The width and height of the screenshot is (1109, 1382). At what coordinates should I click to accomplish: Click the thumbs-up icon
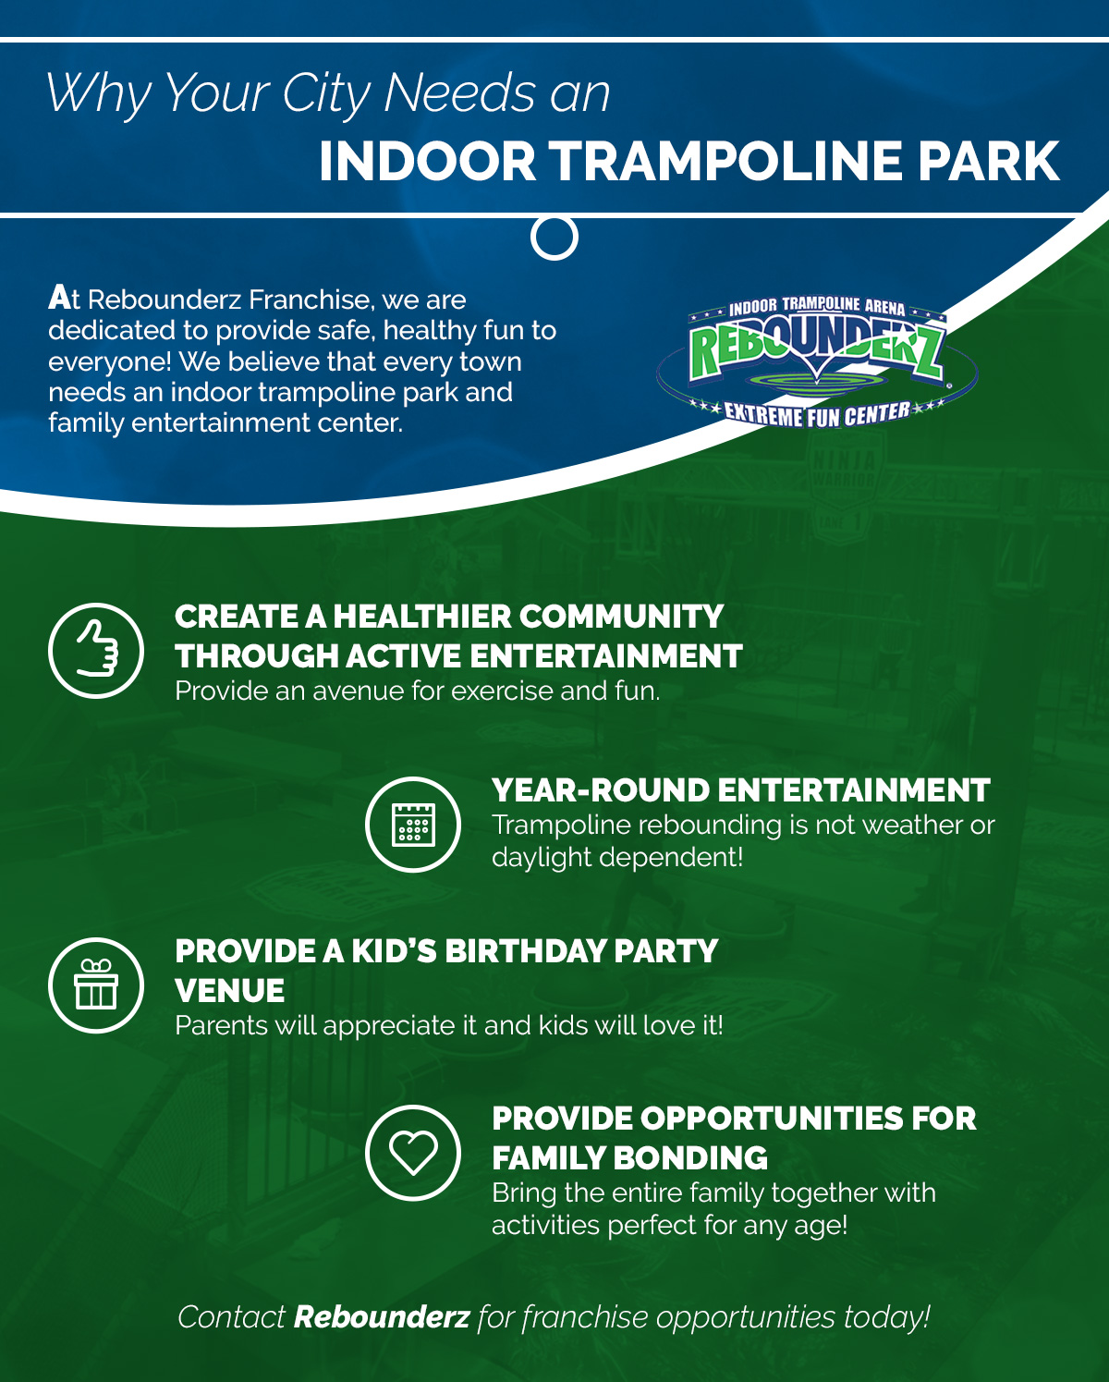tap(96, 649)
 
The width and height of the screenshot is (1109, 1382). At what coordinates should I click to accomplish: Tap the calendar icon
tap(413, 825)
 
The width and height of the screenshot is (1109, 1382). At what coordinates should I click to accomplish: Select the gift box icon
tap(96, 985)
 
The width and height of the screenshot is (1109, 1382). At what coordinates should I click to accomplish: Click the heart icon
tap(413, 1153)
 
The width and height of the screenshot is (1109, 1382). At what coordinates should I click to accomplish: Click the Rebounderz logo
tap(817, 363)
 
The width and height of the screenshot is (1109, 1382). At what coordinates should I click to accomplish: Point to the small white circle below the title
tap(554, 238)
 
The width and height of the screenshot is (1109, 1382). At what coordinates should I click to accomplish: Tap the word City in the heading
tap(326, 94)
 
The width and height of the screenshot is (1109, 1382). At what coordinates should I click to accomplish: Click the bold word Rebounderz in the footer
tap(382, 1316)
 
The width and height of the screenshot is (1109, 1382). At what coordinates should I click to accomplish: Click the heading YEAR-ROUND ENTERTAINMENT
tap(741, 790)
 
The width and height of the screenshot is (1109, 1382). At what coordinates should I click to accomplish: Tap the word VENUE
tap(229, 990)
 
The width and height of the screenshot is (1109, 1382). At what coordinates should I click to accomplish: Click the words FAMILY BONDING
tap(629, 1158)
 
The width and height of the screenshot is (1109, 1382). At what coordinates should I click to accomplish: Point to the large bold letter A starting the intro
tap(60, 298)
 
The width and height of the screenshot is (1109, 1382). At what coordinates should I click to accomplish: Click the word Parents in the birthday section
tap(222, 1025)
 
